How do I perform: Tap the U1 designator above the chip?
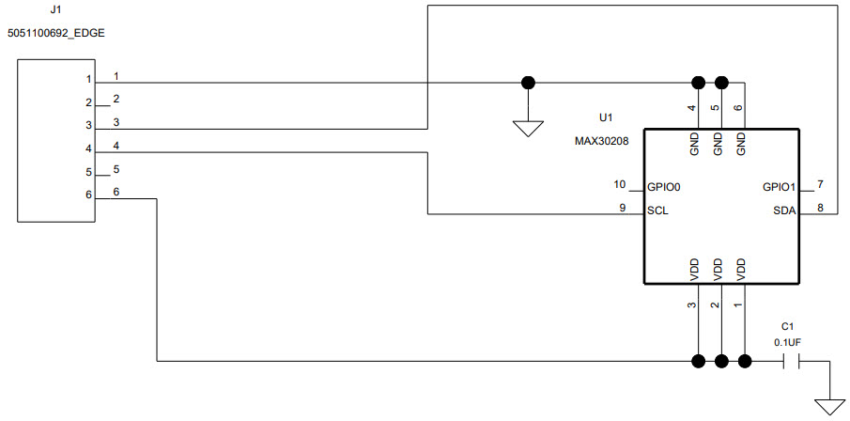(605, 118)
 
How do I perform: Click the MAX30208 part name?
(602, 140)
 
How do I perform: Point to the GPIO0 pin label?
(663, 187)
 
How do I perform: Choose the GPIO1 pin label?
(780, 187)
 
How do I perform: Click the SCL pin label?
(657, 210)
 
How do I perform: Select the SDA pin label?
(784, 210)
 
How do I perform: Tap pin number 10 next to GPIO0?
(619, 184)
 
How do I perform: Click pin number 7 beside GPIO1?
(820, 184)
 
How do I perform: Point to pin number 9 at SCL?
(623, 208)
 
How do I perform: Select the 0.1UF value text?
(787, 342)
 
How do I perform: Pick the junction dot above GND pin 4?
(698, 83)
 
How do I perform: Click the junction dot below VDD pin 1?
(745, 360)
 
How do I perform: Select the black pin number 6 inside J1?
(88, 195)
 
